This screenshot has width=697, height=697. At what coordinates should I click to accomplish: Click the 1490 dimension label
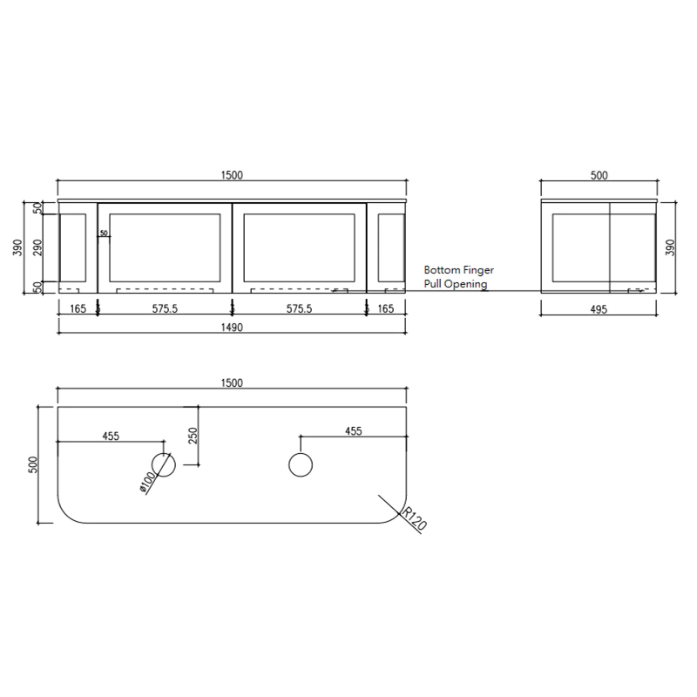pyautogui.click(x=232, y=328)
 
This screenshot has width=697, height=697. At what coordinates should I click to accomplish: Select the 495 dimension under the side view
pyautogui.click(x=598, y=308)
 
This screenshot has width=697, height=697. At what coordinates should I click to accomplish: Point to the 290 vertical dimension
pyautogui.click(x=37, y=247)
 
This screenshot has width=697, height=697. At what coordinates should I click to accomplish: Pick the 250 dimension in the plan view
pyautogui.click(x=193, y=435)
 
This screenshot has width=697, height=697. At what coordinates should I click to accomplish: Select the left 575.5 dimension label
pyautogui.click(x=164, y=308)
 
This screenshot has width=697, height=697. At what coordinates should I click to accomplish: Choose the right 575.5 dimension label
pyautogui.click(x=299, y=308)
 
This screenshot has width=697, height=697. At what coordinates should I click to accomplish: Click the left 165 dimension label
pyautogui.click(x=78, y=308)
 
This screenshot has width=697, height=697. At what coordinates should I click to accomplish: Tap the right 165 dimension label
pyautogui.click(x=386, y=308)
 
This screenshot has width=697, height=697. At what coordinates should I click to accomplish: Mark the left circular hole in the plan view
pyautogui.click(x=164, y=465)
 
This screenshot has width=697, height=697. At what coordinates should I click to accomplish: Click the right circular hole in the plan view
pyautogui.click(x=300, y=465)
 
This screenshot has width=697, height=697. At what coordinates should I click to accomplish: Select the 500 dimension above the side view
pyautogui.click(x=599, y=175)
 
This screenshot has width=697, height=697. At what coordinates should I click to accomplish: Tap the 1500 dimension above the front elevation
pyautogui.click(x=232, y=175)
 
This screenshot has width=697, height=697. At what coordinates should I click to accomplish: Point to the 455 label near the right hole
pyautogui.click(x=353, y=430)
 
